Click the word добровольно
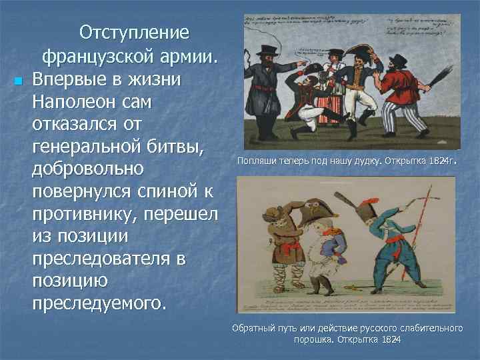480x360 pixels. click(x=87, y=167)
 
